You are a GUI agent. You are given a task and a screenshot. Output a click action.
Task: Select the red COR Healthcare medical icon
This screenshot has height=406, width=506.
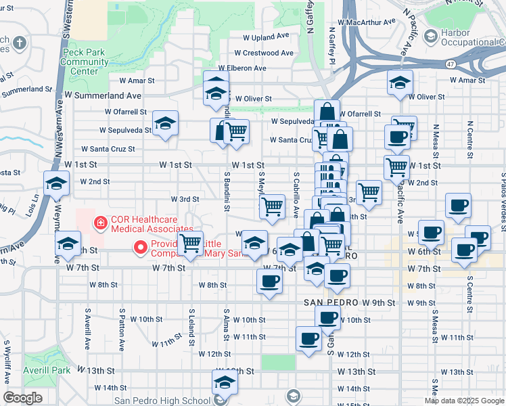click(99, 221)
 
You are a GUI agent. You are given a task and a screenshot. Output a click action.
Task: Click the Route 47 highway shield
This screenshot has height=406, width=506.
click(451, 63)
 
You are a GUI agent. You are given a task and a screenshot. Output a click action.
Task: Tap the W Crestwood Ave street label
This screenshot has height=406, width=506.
click(264, 53)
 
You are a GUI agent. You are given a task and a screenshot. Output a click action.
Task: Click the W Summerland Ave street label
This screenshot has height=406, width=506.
click(103, 96)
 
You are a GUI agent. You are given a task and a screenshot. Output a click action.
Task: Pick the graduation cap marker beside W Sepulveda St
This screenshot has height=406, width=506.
click(165, 123)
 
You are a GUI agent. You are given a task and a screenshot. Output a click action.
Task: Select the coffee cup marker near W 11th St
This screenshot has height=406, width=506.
click(308, 338)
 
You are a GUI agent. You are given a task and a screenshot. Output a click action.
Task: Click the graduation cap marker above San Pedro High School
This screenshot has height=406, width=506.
click(225, 382)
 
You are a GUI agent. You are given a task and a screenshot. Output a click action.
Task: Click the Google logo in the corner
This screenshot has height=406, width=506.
click(22, 398)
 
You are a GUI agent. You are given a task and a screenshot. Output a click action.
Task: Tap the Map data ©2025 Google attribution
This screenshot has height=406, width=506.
click(464, 401)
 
